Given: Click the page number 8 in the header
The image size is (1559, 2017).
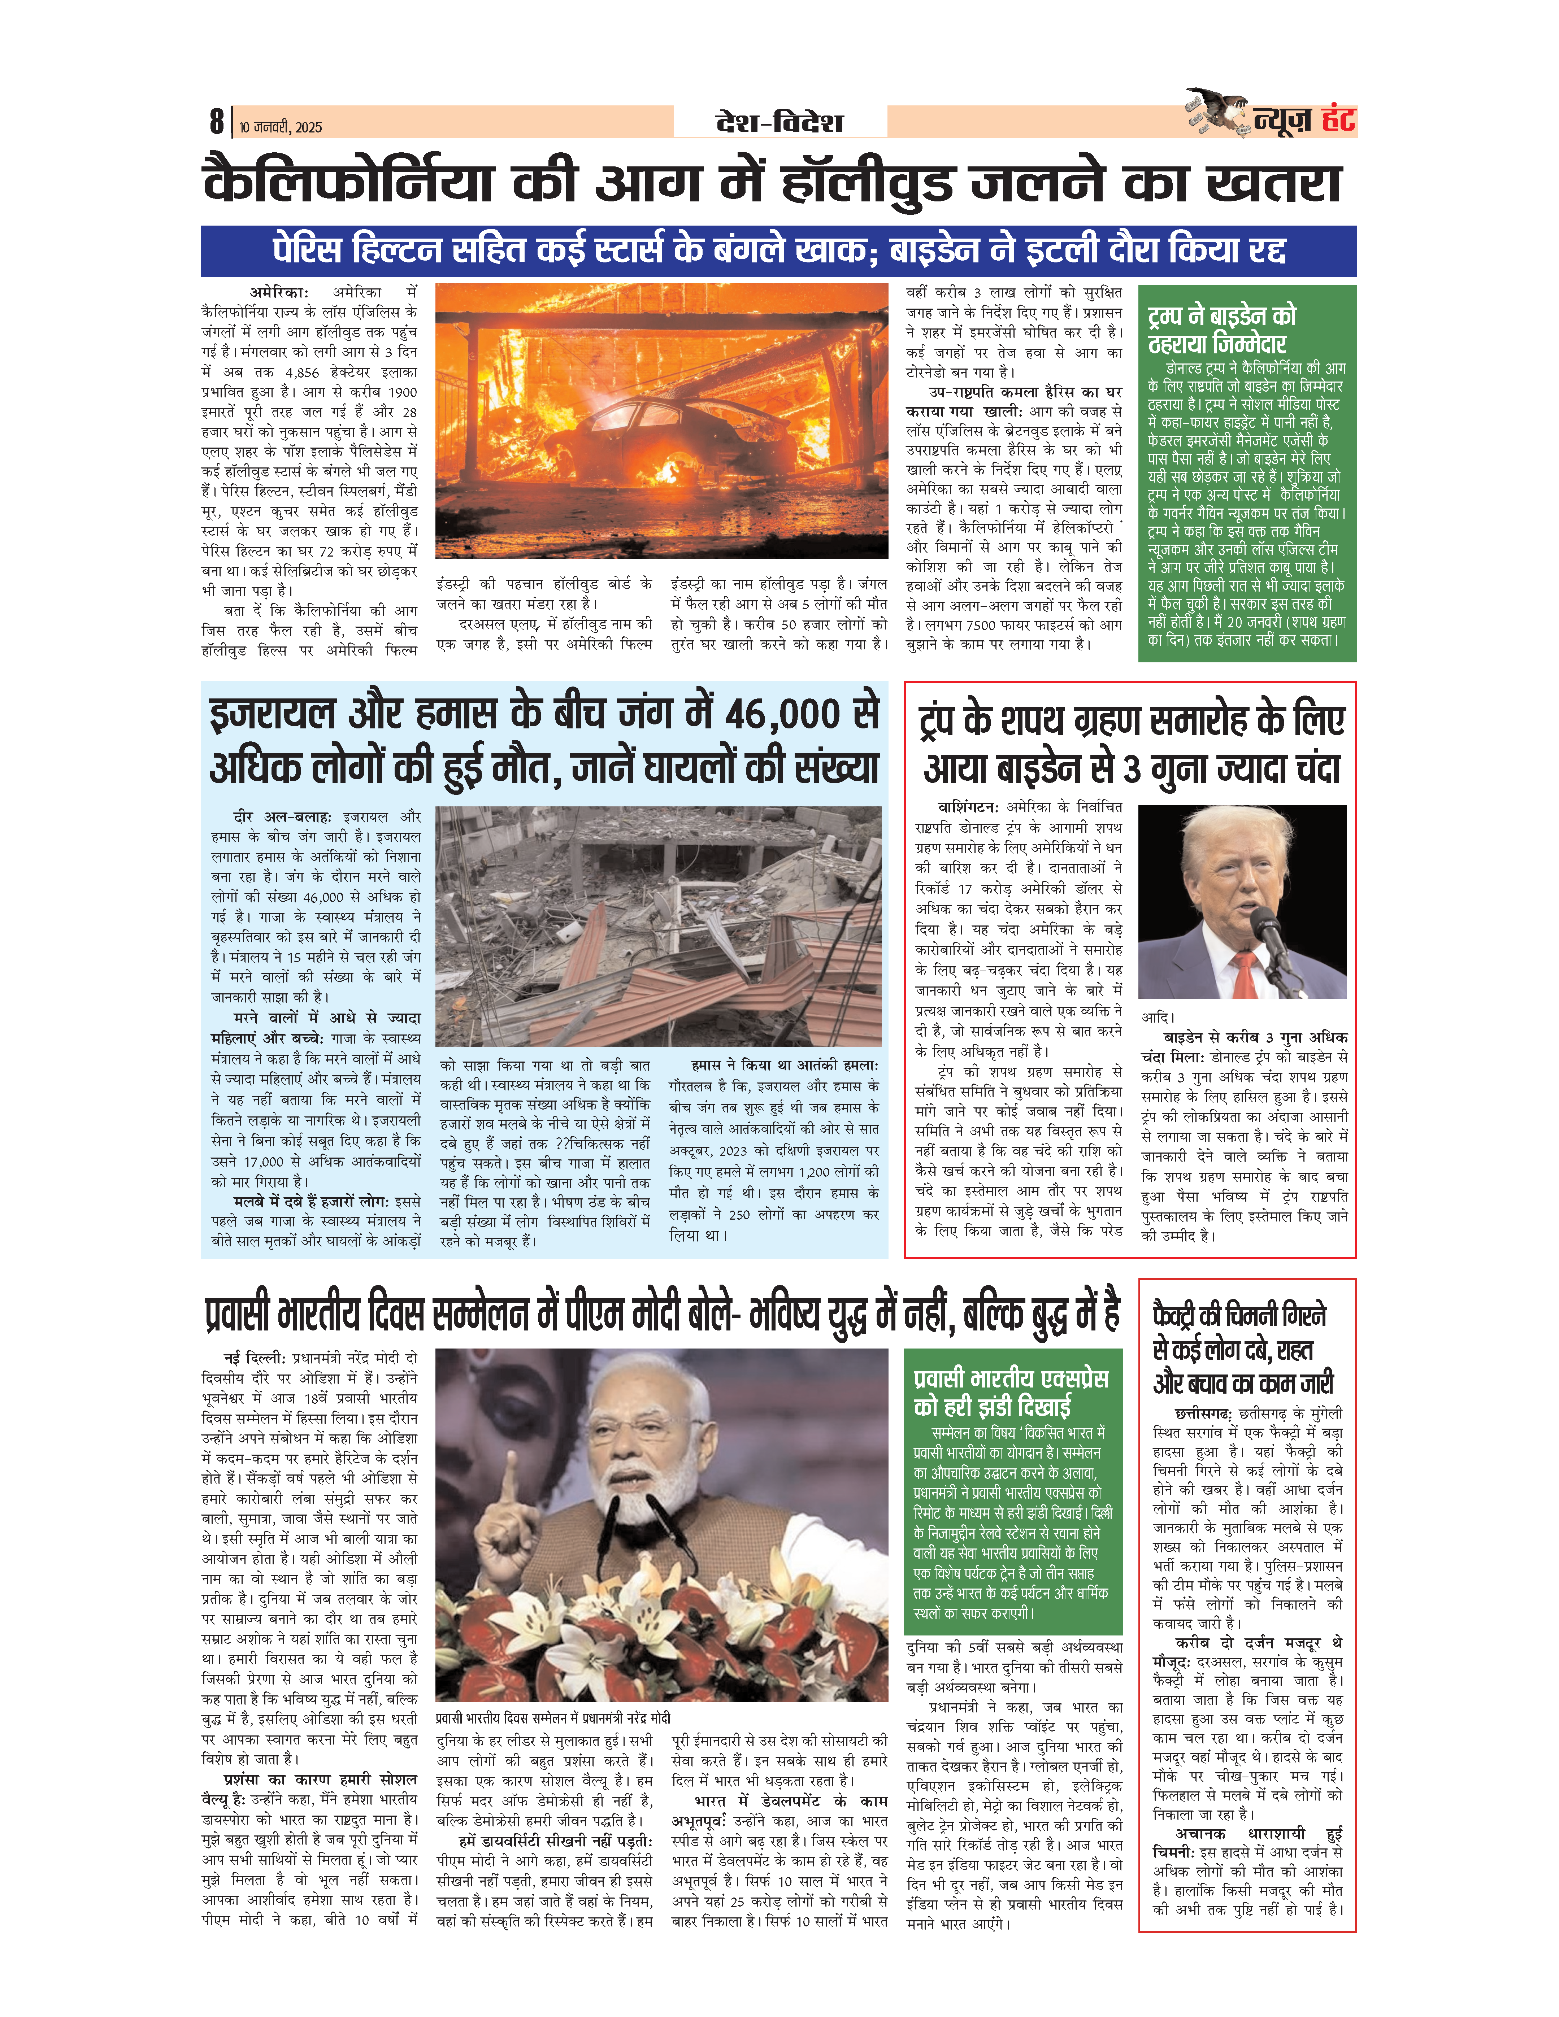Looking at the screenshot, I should tap(216, 121).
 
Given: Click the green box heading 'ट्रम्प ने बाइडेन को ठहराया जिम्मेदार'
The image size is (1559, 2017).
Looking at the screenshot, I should tap(1221, 330).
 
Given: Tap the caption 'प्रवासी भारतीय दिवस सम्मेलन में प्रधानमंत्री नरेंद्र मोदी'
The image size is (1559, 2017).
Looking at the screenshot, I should tap(552, 1718).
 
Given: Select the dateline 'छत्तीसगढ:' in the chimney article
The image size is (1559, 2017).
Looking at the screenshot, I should tap(1203, 1414).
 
